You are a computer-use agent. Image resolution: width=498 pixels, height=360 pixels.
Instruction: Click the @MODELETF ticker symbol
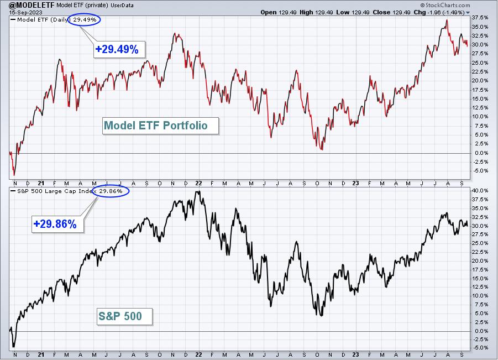coord(32,5)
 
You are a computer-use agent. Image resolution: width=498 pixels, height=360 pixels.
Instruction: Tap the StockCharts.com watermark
coord(445,5)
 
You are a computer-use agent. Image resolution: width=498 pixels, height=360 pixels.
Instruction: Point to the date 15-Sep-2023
coord(25,12)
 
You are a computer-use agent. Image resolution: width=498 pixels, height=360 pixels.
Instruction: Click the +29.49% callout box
coord(119,49)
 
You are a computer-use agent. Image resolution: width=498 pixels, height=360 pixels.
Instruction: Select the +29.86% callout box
coord(58,224)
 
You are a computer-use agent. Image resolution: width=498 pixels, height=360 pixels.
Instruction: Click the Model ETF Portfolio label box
coord(161,126)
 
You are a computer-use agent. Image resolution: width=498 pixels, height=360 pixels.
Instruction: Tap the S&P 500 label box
coord(124,316)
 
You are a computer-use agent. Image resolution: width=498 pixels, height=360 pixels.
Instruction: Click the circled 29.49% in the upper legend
coord(85,20)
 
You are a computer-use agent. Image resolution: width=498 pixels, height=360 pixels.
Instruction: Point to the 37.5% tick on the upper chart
coord(480,18)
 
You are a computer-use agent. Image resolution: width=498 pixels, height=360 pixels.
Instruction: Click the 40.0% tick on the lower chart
coord(480,191)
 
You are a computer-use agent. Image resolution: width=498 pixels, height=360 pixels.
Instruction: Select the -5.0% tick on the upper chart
coord(480,171)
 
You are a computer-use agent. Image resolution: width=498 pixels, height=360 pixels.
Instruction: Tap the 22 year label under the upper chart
coord(198,184)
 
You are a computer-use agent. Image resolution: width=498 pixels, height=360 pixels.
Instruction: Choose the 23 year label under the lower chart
coord(356,354)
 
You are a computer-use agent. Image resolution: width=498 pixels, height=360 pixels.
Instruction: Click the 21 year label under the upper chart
coord(41,184)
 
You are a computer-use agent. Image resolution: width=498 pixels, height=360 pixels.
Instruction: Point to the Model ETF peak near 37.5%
coord(447,20)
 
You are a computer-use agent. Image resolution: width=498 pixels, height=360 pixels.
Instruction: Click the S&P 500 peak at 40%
coord(199,191)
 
